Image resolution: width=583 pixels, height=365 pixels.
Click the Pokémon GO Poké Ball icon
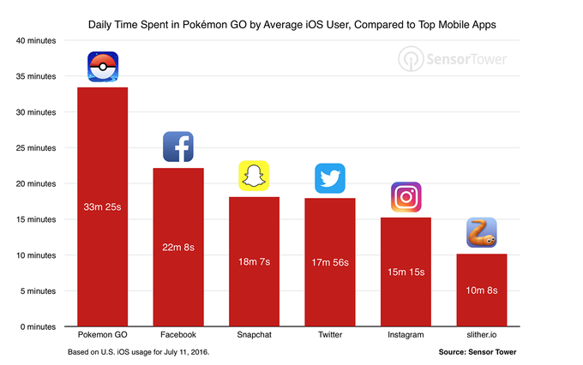pos(103,67)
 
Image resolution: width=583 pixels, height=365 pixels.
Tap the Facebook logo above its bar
pos(178,147)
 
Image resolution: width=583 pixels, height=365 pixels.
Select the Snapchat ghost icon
pos(254,176)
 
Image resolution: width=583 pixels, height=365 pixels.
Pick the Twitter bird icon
pos(330,177)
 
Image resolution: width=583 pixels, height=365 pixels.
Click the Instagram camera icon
pos(406,197)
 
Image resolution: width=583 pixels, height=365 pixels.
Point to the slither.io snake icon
pos(481,233)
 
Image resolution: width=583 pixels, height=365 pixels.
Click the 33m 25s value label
pos(103,207)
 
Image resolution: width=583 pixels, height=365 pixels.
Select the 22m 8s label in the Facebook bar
pos(178,248)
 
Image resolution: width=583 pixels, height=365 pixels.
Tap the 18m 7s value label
pos(254,261)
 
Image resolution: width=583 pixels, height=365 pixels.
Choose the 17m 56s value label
pos(330,262)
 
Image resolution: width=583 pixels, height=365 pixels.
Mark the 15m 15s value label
pos(406,272)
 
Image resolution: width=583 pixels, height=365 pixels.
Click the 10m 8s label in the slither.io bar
pos(481,290)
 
